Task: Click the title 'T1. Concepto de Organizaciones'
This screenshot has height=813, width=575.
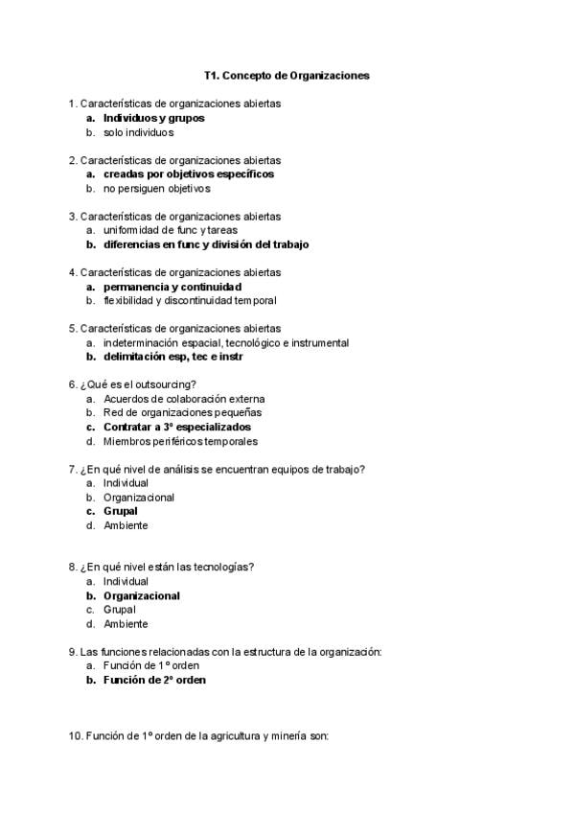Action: pyautogui.click(x=287, y=74)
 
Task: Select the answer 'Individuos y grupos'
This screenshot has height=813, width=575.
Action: pyautogui.click(x=153, y=118)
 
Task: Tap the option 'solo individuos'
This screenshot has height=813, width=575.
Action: pyautogui.click(x=138, y=132)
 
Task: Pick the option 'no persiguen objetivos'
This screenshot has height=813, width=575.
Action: pyautogui.click(x=156, y=189)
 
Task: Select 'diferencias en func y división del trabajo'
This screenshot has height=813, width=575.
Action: pyautogui.click(x=206, y=244)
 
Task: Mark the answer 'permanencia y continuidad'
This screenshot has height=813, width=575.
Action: pyautogui.click(x=172, y=287)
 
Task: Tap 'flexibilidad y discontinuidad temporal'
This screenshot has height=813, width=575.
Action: pyautogui.click(x=190, y=301)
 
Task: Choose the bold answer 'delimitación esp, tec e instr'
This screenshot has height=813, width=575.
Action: pyautogui.click(x=172, y=357)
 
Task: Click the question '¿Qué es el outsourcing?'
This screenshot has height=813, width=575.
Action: pyautogui.click(x=139, y=384)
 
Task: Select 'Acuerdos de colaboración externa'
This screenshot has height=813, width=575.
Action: pyautogui.click(x=184, y=399)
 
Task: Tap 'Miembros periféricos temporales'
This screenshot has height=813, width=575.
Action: pyautogui.click(x=180, y=441)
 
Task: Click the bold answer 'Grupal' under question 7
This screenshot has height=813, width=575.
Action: pyautogui.click(x=120, y=511)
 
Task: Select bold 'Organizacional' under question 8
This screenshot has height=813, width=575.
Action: pyautogui.click(x=142, y=595)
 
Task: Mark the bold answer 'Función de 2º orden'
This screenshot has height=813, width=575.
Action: pyautogui.click(x=154, y=680)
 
